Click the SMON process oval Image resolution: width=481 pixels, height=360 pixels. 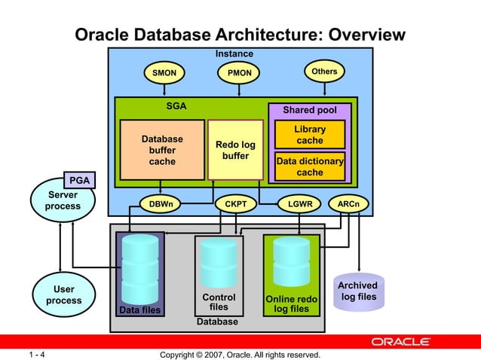pos(164,73)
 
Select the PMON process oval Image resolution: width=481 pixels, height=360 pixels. pos(239,73)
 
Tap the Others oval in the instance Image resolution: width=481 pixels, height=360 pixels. pos(324,72)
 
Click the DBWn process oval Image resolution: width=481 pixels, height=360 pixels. pos(160,204)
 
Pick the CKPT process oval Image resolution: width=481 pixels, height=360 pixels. pos(236,204)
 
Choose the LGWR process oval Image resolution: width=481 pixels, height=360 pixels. pos(299,204)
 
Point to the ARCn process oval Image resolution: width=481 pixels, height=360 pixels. pos(348,204)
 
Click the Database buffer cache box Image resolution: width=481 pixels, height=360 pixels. pos(162,150)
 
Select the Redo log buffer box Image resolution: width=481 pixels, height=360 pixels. pos(236,150)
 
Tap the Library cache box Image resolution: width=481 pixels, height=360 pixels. pos(310,135)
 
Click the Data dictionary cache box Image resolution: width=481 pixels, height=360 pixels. pos(310,166)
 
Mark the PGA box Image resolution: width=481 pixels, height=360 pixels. pos(79,180)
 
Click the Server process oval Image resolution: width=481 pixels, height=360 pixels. pos(63,201)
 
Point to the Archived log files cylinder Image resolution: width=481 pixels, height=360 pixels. pos(358,291)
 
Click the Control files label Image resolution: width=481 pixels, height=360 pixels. pos(219,302)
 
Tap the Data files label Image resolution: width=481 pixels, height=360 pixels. pos(139,310)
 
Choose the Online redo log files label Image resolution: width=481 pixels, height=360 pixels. pos(291,304)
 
